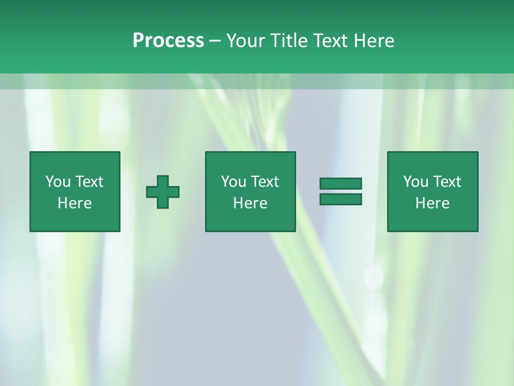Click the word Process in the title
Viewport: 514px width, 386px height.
168,41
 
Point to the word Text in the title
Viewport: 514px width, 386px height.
333,41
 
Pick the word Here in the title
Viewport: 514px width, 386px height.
375,41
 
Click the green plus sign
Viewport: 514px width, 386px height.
163,191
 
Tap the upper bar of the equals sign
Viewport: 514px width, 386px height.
341,183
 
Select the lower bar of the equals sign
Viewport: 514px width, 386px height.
341,199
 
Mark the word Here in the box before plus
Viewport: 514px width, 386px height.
74,203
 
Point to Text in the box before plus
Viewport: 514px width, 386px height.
89,182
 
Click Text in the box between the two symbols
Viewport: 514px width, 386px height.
264,182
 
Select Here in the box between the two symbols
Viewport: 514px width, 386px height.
250,203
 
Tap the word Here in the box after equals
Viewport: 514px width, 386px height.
432,203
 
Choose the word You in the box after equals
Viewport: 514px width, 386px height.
416,182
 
